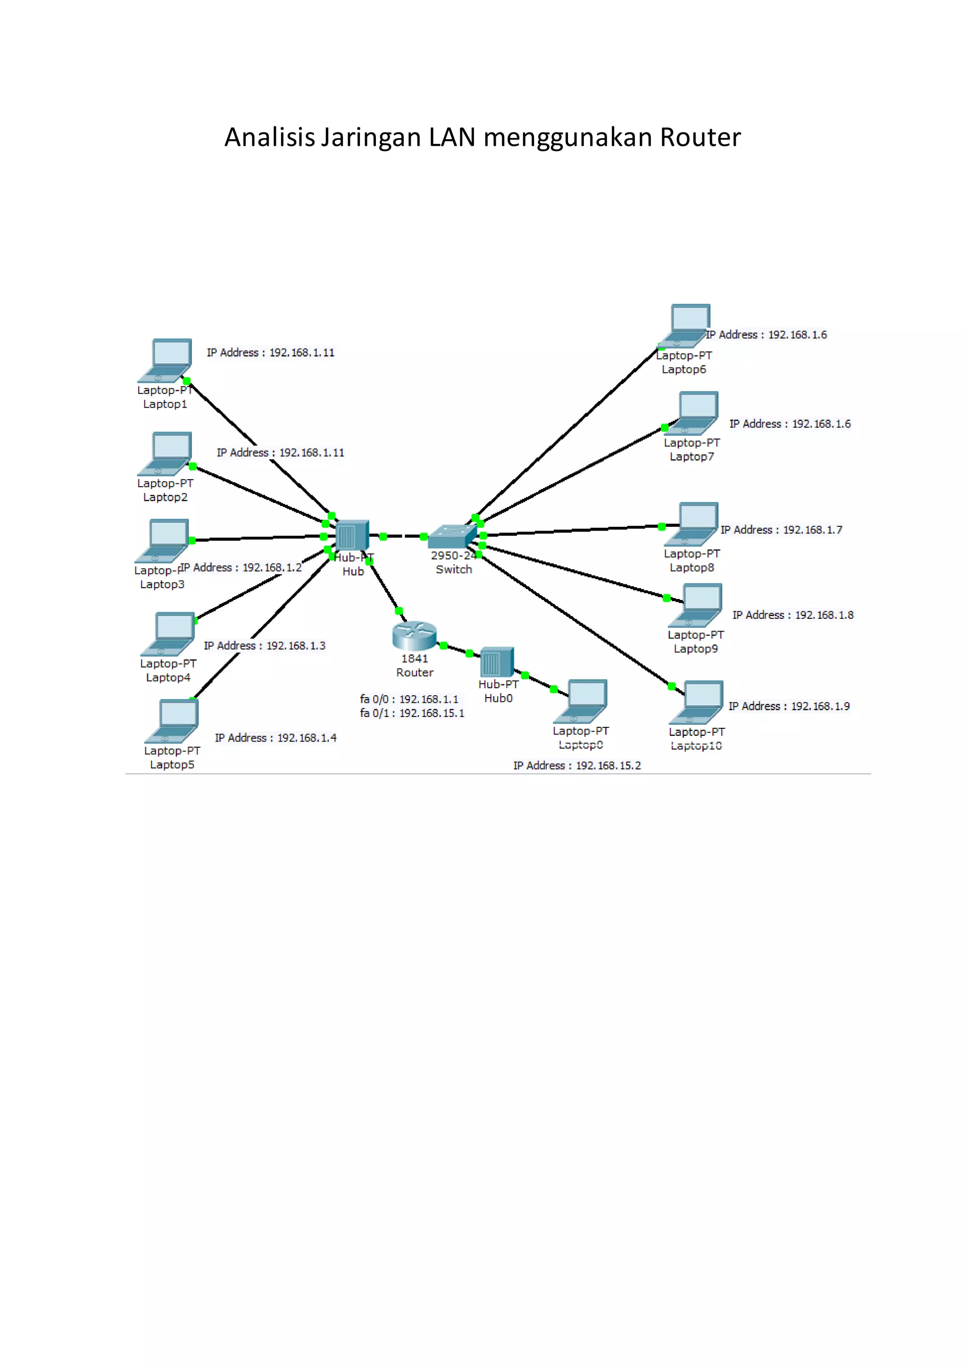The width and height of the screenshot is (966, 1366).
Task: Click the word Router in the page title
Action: click(x=700, y=137)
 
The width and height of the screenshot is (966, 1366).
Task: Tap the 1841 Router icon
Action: click(x=414, y=636)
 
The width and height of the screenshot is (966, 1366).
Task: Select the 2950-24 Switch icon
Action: click(x=452, y=536)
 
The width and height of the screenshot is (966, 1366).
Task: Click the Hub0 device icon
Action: click(x=497, y=662)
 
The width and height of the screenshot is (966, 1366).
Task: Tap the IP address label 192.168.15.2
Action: click(x=577, y=766)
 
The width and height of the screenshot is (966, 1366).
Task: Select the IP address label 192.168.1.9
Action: click(x=789, y=706)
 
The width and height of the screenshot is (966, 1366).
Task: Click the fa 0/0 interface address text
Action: click(x=409, y=699)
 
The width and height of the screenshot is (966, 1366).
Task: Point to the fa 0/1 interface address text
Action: click(x=412, y=713)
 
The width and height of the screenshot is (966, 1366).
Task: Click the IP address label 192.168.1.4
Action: click(x=275, y=738)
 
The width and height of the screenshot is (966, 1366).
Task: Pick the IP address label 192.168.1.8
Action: click(x=793, y=615)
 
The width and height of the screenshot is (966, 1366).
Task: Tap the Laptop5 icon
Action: click(x=173, y=721)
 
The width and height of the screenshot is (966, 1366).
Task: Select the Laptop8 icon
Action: click(x=692, y=524)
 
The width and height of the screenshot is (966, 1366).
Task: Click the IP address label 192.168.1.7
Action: click(x=782, y=530)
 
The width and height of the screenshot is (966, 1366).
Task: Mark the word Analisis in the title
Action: click(x=269, y=137)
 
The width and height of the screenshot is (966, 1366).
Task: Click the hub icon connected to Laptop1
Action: click(x=351, y=535)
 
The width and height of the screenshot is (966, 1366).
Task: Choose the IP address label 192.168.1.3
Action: click(x=265, y=646)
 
